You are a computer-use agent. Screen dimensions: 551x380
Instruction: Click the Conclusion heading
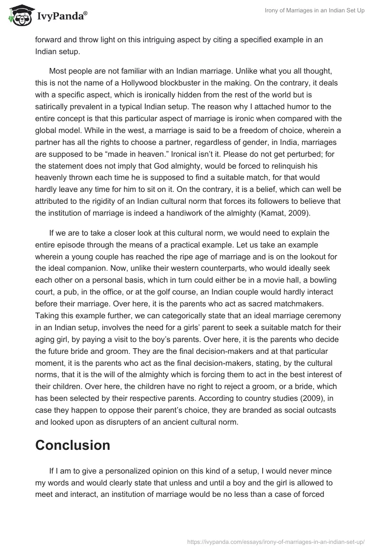click(73, 445)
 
